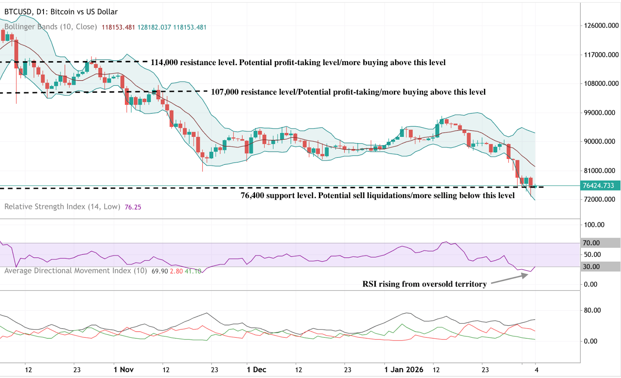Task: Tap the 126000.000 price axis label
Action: (x=601, y=26)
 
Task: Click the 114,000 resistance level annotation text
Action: (x=298, y=62)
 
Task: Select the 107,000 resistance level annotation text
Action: (x=348, y=92)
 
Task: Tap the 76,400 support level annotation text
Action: (x=377, y=195)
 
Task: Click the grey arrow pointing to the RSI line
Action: (x=509, y=279)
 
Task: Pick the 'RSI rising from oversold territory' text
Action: (x=424, y=284)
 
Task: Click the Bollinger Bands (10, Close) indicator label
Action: (x=50, y=27)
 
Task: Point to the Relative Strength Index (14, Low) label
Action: (x=62, y=207)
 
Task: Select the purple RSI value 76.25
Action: (x=133, y=207)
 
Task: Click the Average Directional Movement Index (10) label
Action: (x=76, y=271)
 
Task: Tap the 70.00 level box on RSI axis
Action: (x=600, y=243)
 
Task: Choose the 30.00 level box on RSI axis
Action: (x=600, y=267)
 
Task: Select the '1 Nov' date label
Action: (x=123, y=369)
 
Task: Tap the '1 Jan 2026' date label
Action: (x=404, y=369)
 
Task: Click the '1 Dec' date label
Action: (x=256, y=369)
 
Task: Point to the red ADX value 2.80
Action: (x=176, y=271)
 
